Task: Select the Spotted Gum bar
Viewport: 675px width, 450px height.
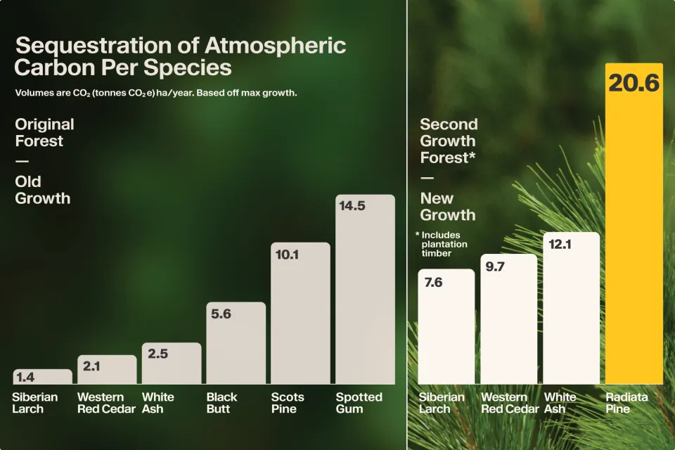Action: [x=365, y=295]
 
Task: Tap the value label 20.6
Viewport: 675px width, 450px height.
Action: [x=634, y=83]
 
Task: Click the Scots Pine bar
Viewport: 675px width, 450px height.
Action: [x=300, y=316]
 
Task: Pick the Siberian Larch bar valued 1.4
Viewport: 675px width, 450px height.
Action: [x=42, y=376]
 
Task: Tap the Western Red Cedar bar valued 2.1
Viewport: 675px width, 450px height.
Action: [x=107, y=370]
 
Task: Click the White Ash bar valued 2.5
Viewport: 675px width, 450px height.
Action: [x=172, y=364]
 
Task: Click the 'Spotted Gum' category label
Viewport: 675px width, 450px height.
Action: [x=359, y=403]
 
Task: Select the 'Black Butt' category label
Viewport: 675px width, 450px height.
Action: [x=221, y=403]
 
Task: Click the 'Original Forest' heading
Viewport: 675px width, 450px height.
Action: [x=44, y=132]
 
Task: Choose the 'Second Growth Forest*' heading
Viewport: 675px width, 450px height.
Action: [x=449, y=141]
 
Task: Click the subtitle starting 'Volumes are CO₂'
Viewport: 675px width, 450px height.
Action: [x=156, y=93]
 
